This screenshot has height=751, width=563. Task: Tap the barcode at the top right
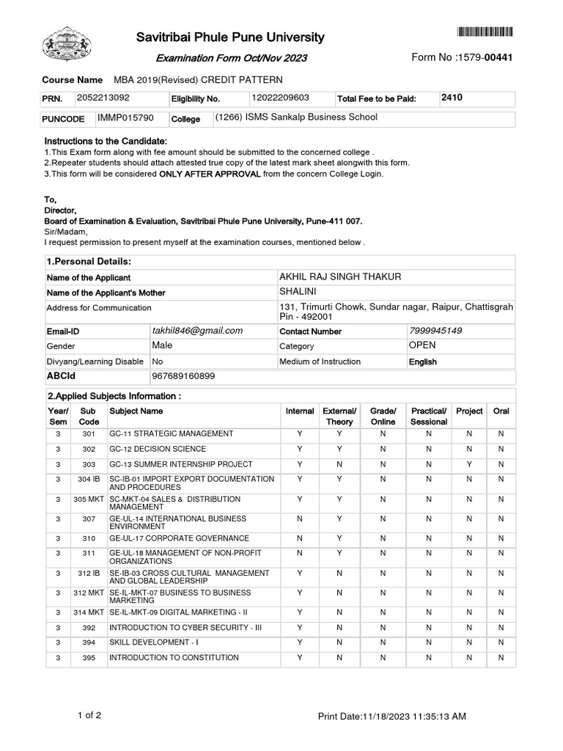485,32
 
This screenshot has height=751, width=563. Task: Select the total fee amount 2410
452,97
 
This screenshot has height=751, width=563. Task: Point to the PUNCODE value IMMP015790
125,118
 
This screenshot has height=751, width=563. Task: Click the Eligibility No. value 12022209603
280,98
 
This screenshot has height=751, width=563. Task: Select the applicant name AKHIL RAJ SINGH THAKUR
340,276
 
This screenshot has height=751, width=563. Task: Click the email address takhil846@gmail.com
197,331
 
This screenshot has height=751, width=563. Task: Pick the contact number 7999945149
435,331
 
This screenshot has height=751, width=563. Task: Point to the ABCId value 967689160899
183,376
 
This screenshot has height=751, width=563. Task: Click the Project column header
469,411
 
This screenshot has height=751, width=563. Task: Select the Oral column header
501,411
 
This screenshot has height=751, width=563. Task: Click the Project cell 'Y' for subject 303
469,464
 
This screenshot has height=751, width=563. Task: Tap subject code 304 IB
88,479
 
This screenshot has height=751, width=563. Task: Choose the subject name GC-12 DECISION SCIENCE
158,449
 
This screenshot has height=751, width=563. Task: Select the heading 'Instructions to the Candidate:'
106,141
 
